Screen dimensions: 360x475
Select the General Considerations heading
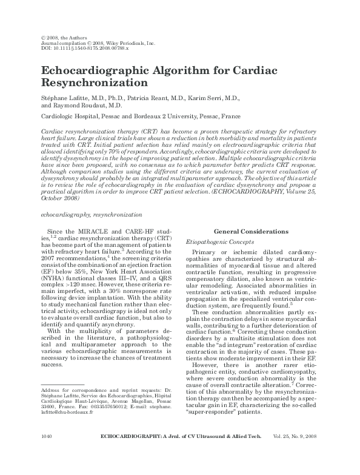click(x=251, y=232)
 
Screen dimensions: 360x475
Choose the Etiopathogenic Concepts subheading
click(x=219, y=241)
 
